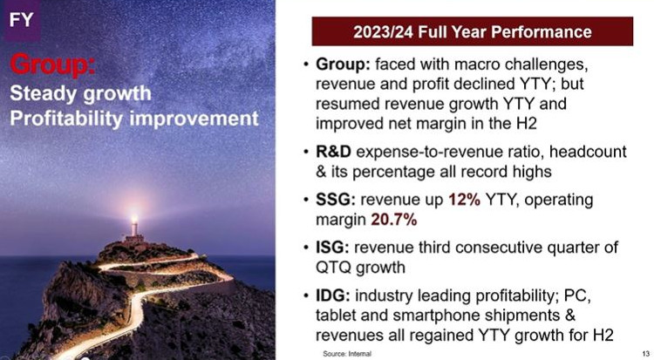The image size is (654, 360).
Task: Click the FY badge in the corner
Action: coord(21,19)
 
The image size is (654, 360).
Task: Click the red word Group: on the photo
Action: coord(53,65)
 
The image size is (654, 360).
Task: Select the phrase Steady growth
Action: coord(80,94)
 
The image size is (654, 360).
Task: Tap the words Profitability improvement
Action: coord(134,119)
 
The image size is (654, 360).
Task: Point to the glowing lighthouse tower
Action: coord(134,226)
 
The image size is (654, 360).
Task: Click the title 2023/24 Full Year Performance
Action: coord(472,31)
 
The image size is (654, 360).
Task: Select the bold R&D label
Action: coord(333,152)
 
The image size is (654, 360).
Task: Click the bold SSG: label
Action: coord(336,200)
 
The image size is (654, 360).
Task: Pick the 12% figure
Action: coord(464,200)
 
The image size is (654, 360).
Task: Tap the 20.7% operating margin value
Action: coord(394,220)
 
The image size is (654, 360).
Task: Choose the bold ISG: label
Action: coord(332,248)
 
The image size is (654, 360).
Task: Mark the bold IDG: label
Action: coord(333,295)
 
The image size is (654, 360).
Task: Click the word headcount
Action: coord(588,152)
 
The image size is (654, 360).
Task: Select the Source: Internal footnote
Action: coord(347,354)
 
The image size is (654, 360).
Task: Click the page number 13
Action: coord(646,354)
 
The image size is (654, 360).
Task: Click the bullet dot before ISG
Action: coord(307,248)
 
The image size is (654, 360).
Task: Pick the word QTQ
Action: coord(333,268)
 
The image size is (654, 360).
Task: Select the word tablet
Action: coord(336,315)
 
